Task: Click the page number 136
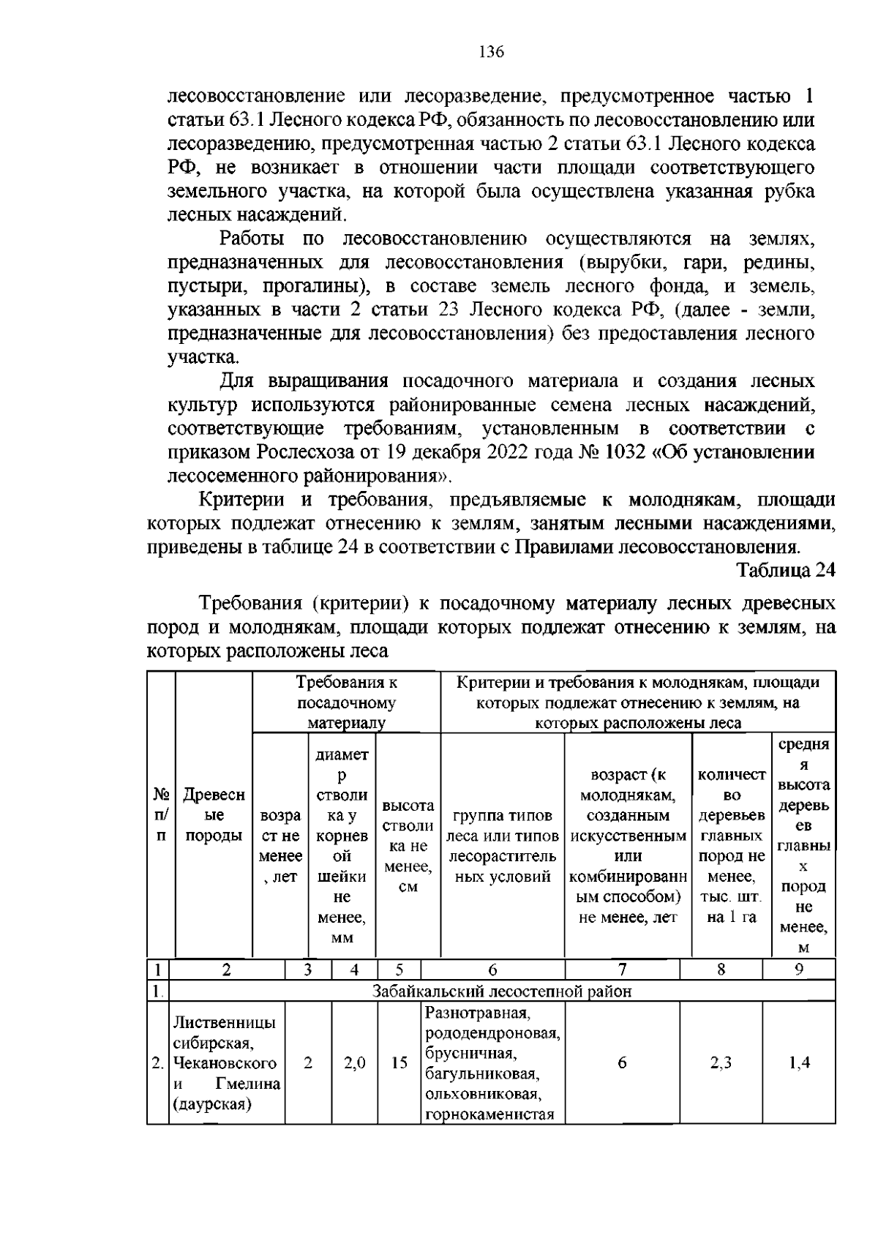(491, 52)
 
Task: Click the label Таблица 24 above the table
(785, 571)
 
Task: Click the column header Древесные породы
(214, 815)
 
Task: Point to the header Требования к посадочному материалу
(346, 702)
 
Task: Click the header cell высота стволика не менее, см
(408, 846)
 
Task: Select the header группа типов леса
(503, 815)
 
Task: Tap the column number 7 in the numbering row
(622, 970)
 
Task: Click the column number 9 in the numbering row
(799, 970)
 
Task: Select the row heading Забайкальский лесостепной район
(502, 991)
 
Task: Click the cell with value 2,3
(721, 1063)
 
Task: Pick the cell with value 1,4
(799, 1063)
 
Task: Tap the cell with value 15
(399, 1063)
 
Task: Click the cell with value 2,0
(354, 1063)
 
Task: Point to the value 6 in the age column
(622, 1063)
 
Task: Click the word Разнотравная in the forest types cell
(476, 1013)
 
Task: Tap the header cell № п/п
(161, 814)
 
